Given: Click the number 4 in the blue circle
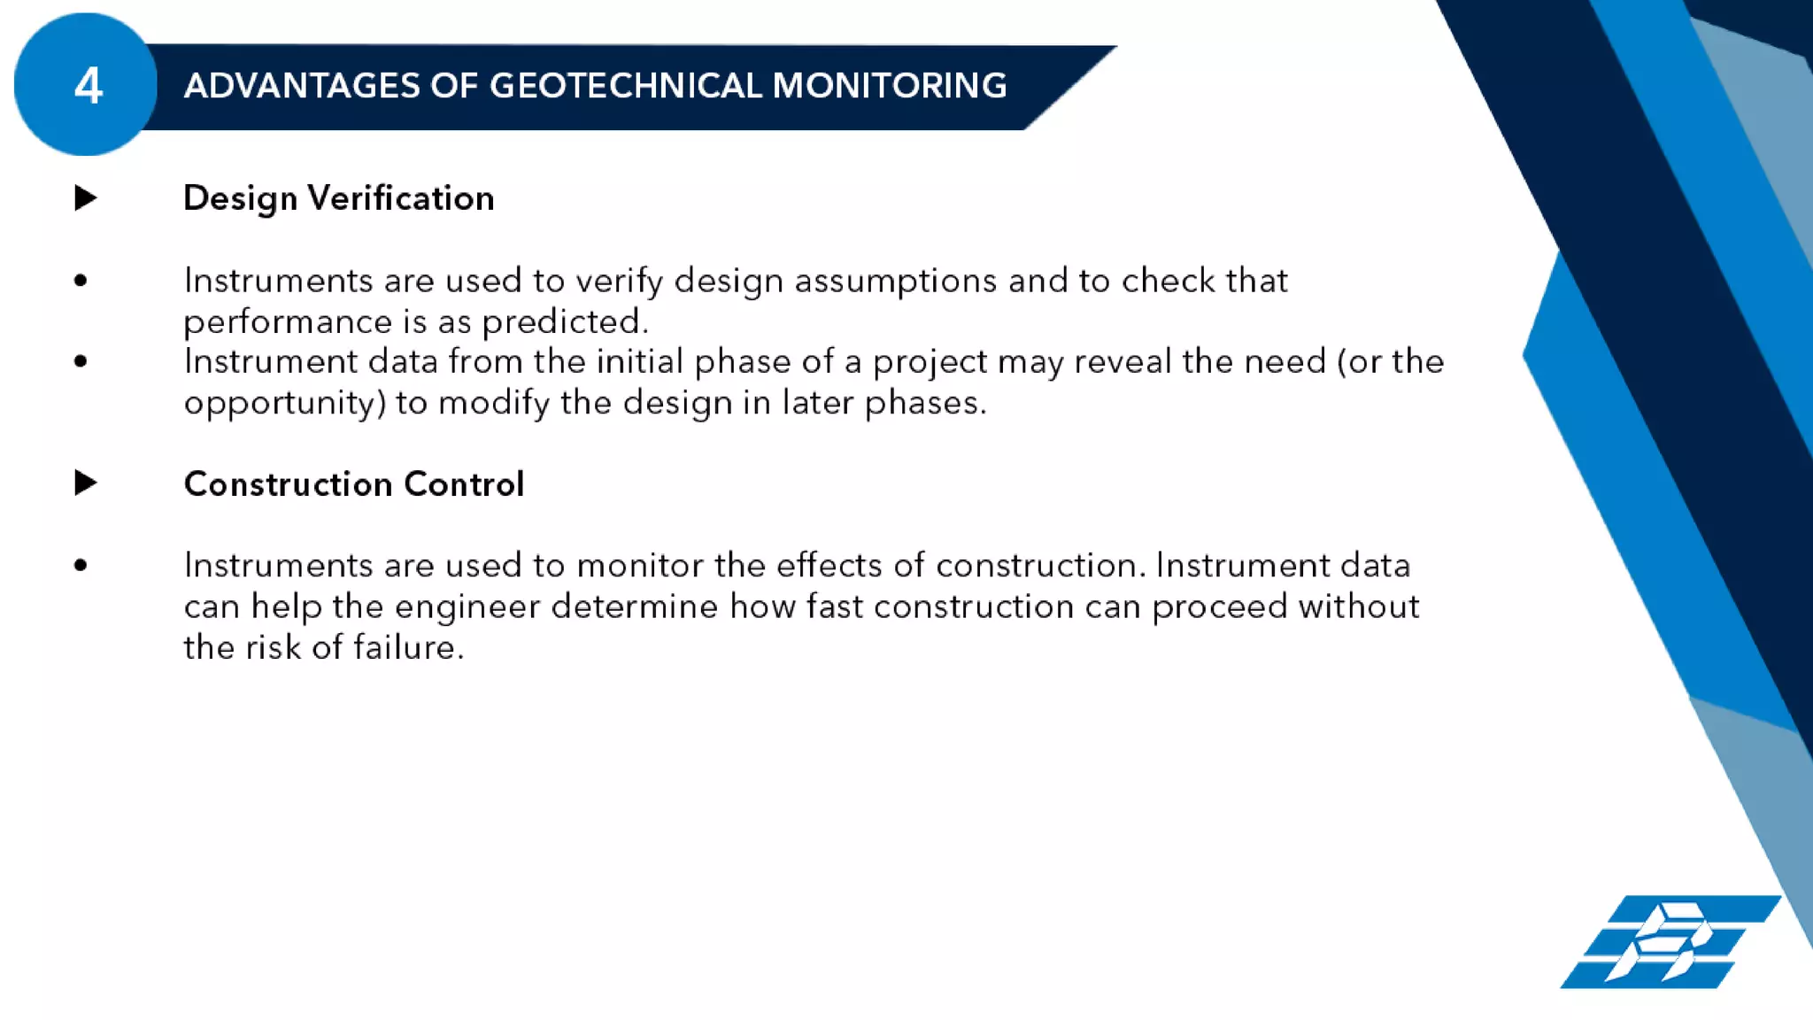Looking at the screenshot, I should [x=88, y=86].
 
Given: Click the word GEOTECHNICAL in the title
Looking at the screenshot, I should [x=626, y=86].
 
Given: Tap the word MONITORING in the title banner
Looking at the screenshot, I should [x=889, y=86].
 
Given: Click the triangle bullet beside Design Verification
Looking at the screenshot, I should [x=85, y=197].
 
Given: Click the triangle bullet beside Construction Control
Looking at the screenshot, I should [x=85, y=483].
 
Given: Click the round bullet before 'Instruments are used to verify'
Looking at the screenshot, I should [x=81, y=282].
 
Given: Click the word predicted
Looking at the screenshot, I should [x=563, y=322].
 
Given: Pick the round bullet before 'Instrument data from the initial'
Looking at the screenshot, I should [x=81, y=361].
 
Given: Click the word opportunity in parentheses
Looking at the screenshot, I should [x=282, y=404].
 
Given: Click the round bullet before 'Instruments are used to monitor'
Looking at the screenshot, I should [x=81, y=565].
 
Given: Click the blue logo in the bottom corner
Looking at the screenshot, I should [x=1668, y=942].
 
